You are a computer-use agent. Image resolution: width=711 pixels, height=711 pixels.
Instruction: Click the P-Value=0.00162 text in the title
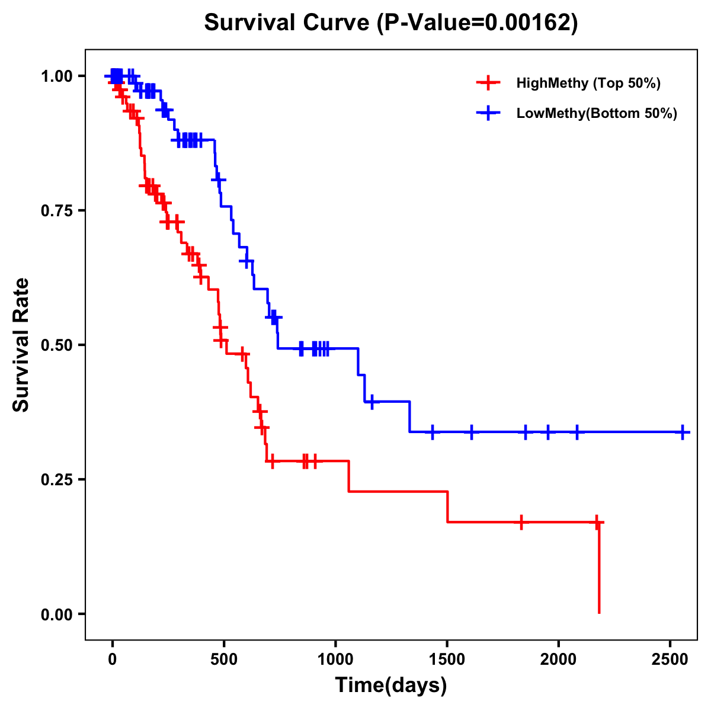coord(477,23)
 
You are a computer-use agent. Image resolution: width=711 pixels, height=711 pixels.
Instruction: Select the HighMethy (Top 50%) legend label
coord(588,83)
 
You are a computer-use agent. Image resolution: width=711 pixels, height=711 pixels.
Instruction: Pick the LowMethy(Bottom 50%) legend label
coord(597,114)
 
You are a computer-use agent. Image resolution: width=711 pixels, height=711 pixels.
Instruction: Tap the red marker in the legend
coord(488,83)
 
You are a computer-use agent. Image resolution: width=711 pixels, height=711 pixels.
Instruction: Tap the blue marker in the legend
coord(488,114)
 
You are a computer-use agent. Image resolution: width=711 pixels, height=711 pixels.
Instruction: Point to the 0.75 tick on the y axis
coord(56,210)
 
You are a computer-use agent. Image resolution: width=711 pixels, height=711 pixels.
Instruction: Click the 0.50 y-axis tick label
coord(56,345)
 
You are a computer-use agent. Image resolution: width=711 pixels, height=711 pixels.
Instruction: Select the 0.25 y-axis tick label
coord(56,479)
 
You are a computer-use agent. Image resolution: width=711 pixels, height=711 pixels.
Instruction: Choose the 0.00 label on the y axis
coord(56,614)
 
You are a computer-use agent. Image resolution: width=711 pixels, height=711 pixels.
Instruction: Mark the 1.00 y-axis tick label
coord(56,76)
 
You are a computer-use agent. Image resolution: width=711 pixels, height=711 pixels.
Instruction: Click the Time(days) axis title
coord(391,685)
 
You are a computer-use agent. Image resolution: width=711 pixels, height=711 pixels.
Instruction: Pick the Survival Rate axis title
coord(21,344)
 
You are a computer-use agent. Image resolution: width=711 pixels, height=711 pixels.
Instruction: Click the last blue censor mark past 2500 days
coord(683,432)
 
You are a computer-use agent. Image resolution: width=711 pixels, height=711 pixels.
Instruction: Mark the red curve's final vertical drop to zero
coord(599,569)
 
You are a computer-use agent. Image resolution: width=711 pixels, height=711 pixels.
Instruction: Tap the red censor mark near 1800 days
coord(521,522)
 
